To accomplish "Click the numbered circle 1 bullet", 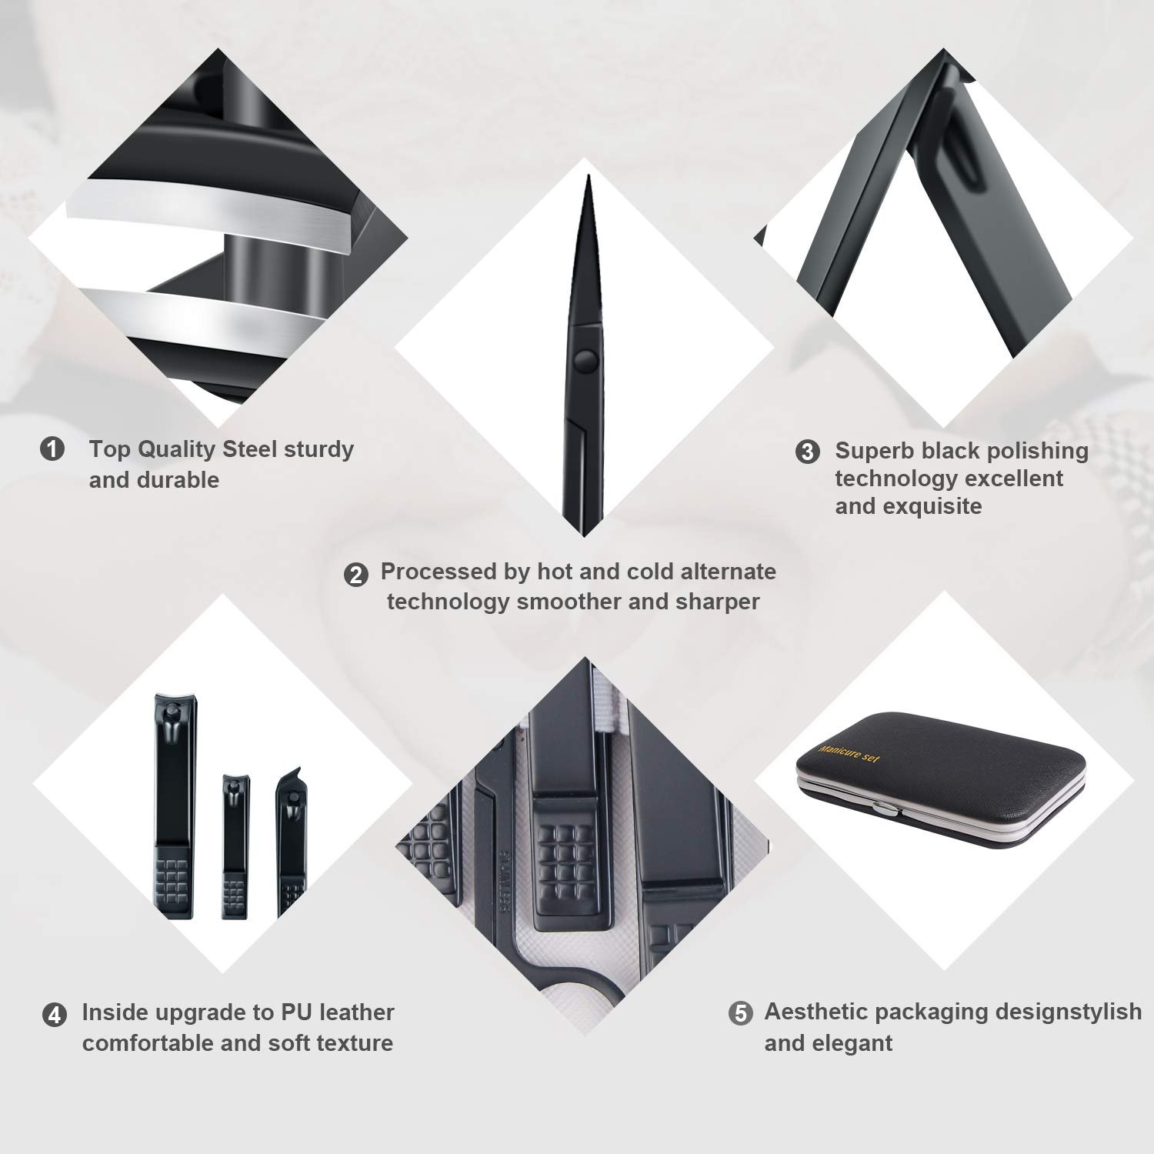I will pos(52,449).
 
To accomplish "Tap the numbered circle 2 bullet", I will pos(355,575).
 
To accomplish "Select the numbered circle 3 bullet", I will pos(807,452).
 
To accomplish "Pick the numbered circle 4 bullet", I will pos(54,1015).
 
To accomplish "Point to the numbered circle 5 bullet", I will pos(740,1013).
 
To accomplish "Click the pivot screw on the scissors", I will pos(586,359).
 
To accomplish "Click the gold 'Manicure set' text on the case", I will pos(849,752).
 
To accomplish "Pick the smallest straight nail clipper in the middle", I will pos(235,846).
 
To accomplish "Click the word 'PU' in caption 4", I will pos(296,1012).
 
